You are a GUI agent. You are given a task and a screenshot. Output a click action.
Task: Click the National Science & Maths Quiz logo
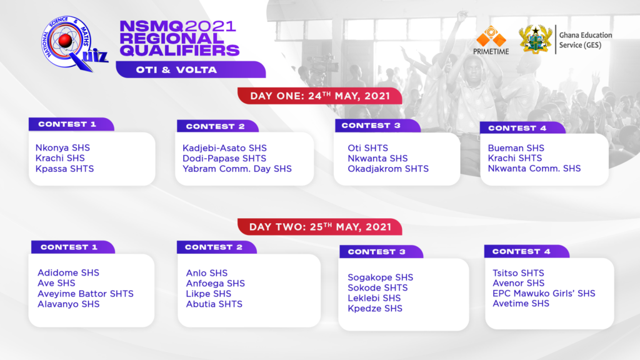74,44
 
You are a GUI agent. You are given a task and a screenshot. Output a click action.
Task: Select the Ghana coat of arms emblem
535,39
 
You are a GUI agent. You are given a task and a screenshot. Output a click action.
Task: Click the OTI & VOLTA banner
191,69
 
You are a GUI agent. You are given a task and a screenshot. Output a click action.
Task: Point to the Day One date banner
320,96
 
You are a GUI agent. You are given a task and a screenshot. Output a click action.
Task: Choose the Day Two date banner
320,227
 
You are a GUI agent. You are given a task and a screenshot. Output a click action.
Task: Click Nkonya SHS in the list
62,147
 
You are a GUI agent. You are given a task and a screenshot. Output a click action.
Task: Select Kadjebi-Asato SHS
224,148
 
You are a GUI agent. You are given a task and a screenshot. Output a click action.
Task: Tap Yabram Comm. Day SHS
237,169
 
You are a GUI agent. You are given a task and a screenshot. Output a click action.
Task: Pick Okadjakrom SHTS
388,169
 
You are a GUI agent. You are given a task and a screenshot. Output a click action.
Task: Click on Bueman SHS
516,148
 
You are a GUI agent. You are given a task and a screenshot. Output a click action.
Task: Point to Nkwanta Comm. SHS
534,169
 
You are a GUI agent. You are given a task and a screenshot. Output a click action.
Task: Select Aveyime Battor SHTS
85,294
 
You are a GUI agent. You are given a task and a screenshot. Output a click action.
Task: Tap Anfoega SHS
215,283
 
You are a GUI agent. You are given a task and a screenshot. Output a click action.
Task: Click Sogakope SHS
381,277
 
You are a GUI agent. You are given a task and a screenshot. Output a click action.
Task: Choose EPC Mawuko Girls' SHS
544,294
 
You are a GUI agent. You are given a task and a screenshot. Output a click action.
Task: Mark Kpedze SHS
375,309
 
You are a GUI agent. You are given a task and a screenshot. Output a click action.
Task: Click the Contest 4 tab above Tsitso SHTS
526,251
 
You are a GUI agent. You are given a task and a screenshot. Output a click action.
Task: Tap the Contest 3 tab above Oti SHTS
377,126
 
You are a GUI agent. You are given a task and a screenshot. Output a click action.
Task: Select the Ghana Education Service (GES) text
585,40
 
